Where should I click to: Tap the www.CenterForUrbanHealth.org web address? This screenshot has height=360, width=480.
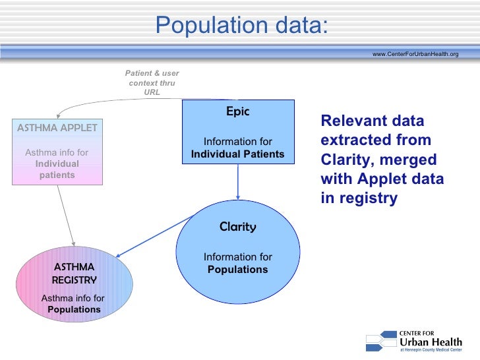pos(415,53)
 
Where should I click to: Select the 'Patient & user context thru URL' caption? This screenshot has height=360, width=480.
pos(152,82)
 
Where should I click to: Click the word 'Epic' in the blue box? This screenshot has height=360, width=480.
pos(237,111)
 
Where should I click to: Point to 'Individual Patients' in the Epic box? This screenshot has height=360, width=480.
pos(237,154)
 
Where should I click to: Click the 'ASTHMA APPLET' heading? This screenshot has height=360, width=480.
pos(57,127)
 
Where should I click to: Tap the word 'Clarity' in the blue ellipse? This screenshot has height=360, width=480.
pos(237,227)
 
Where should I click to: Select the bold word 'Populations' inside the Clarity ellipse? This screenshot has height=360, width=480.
pos(237,270)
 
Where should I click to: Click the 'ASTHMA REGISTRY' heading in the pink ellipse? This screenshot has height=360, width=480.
pos(74,273)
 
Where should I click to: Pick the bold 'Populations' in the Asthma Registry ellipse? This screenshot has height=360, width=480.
pos(74,309)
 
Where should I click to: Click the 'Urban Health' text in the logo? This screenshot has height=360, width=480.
pos(429,341)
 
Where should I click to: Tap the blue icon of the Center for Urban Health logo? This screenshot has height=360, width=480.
pos(380,341)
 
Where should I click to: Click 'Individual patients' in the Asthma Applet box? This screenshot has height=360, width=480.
pos(57,169)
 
